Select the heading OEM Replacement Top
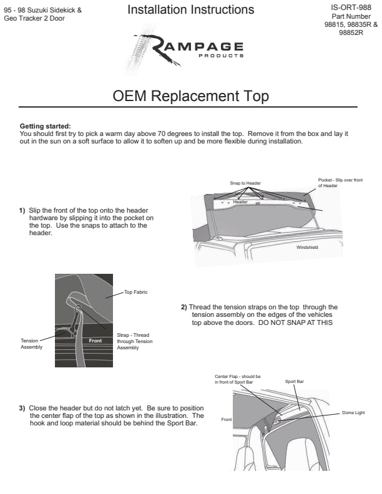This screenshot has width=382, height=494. pyautogui.click(x=190, y=97)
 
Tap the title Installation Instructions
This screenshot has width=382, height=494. pyautogui.click(x=190, y=10)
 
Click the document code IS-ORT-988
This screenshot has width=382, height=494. pyautogui.click(x=351, y=7)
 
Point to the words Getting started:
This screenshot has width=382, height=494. pyautogui.click(x=46, y=126)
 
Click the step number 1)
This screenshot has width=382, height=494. pyautogui.click(x=22, y=210)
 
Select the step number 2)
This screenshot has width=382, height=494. pyautogui.click(x=184, y=307)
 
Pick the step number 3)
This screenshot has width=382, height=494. pyautogui.click(x=22, y=408)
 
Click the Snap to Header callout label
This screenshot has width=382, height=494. pyautogui.click(x=245, y=183)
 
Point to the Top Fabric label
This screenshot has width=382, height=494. pyautogui.click(x=135, y=291)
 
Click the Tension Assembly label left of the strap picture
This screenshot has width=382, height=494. pyautogui.click(x=31, y=344)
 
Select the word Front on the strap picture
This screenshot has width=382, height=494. pyautogui.click(x=95, y=341)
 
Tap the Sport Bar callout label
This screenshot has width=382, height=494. pyautogui.click(x=295, y=381)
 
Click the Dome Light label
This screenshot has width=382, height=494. pyautogui.click(x=353, y=413)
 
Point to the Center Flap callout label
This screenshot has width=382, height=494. pyautogui.click(x=237, y=380)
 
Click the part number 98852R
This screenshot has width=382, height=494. pyautogui.click(x=351, y=33)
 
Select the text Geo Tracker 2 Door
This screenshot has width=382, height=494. pyautogui.click(x=34, y=18)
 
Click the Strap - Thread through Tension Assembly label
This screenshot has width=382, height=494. pyautogui.click(x=134, y=341)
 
